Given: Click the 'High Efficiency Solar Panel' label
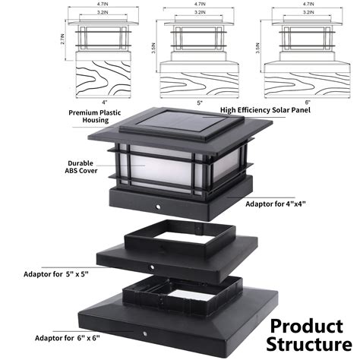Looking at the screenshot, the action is (x=265, y=110).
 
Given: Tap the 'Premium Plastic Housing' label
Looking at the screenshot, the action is (x=95, y=116).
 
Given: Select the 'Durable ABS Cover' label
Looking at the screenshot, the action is (x=81, y=167).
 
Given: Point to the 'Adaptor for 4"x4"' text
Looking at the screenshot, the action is (x=276, y=204).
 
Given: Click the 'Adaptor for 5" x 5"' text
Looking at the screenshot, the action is (x=56, y=274).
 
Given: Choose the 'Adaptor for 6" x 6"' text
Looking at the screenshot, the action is (x=68, y=338).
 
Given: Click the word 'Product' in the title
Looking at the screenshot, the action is (x=307, y=326).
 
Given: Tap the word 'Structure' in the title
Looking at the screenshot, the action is (x=309, y=344).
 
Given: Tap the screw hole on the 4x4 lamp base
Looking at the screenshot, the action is (x=158, y=207).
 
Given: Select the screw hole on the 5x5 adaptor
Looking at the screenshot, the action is (x=152, y=267).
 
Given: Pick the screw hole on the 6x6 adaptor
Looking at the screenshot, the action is (x=145, y=333).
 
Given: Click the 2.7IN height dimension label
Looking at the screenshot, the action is (x=63, y=39).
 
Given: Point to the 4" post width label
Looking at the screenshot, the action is (x=105, y=103).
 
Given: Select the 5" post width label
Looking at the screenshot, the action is (x=200, y=103).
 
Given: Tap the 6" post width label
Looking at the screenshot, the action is (x=308, y=103).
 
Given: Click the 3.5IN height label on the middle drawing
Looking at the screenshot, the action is (x=153, y=48).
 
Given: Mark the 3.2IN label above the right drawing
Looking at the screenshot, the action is (x=308, y=12).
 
